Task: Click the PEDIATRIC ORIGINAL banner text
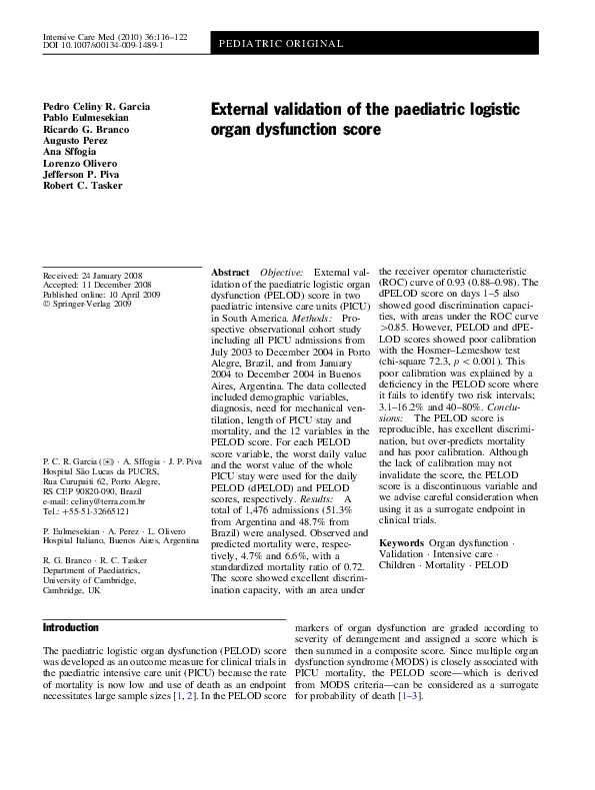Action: coord(280,45)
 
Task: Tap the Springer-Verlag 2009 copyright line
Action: coord(90,305)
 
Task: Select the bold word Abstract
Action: coord(230,273)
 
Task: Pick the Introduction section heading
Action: coord(70,627)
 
